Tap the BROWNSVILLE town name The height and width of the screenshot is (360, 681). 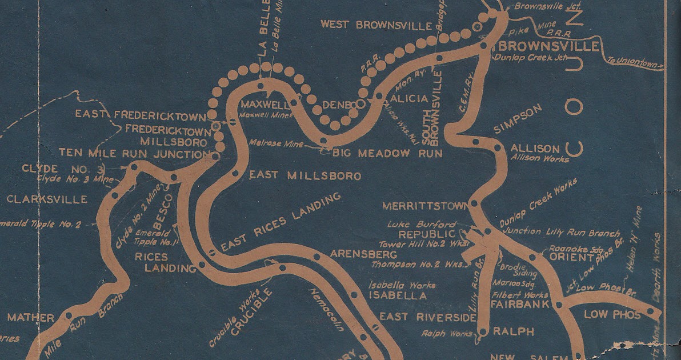click(545, 46)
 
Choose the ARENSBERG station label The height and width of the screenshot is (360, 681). click(363, 253)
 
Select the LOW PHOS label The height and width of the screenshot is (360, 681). click(612, 315)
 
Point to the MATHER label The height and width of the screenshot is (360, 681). click(30, 318)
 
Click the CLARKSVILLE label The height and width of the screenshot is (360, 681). click(47, 199)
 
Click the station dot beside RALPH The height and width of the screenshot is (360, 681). click(482, 331)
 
